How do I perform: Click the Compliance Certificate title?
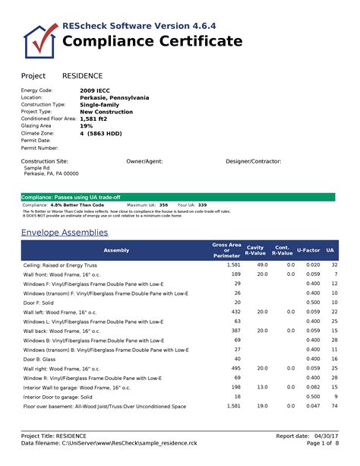point(153,41)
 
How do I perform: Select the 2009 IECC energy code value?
point(96,90)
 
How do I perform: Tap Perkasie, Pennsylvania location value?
point(114,97)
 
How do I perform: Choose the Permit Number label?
point(39,147)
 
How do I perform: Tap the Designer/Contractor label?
point(254,162)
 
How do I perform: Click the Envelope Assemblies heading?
point(65,232)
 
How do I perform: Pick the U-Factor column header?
point(308,250)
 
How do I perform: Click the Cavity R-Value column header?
point(255,250)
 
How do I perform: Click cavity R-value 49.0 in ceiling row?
point(262,264)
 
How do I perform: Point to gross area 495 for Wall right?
point(235,368)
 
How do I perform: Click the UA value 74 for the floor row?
point(333,407)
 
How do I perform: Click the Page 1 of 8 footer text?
point(323,443)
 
